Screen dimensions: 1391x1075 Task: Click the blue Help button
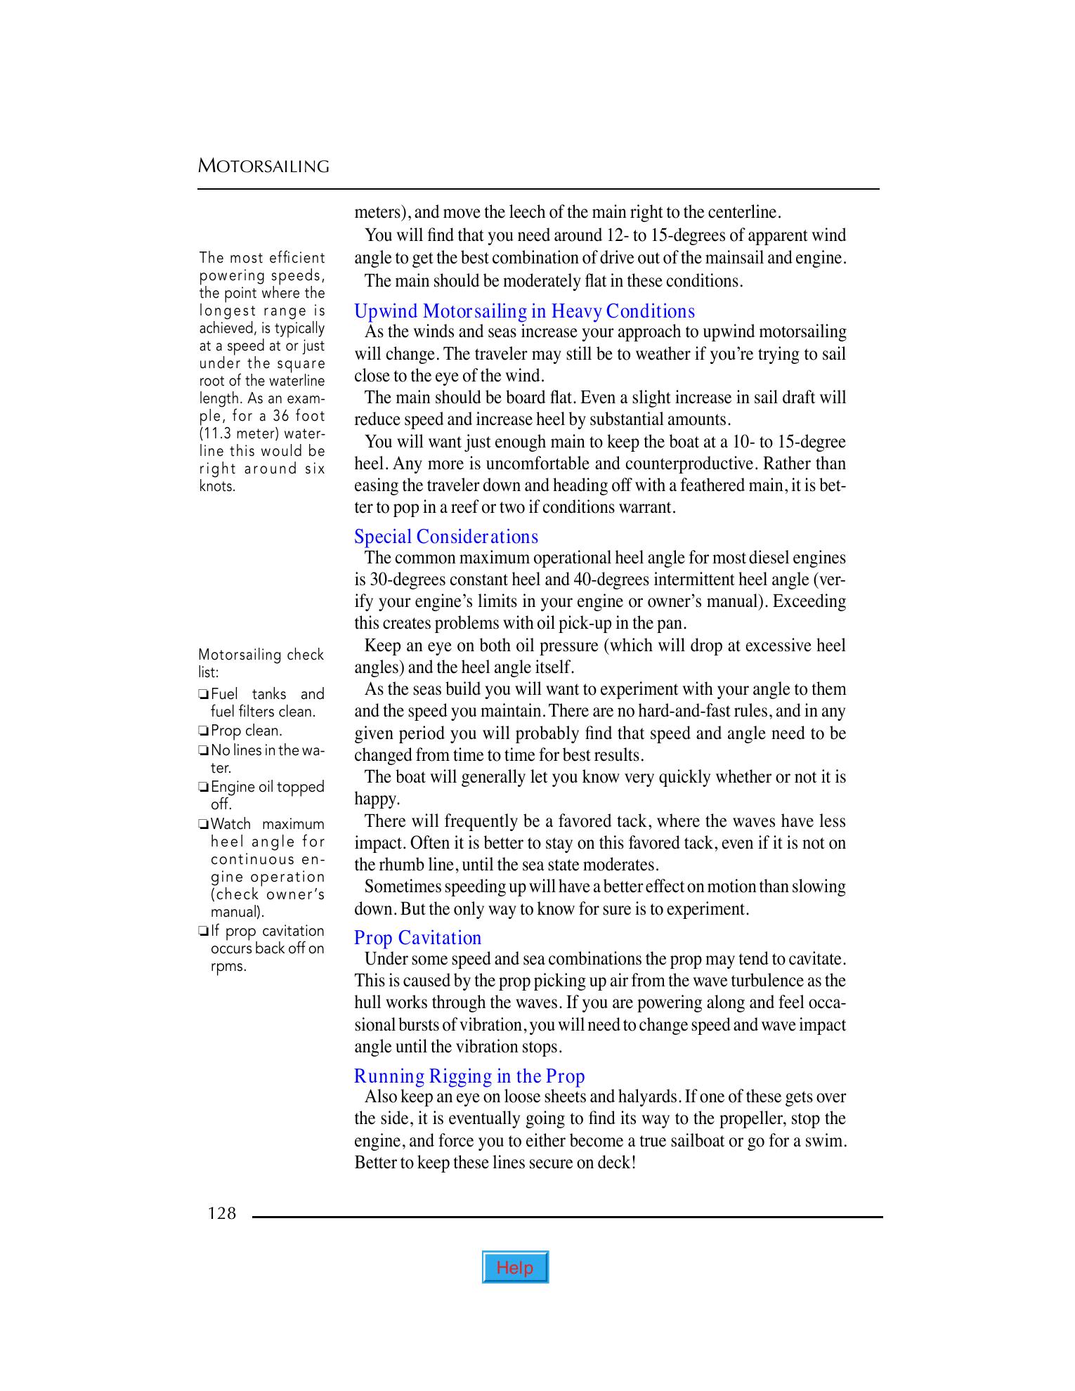(515, 1267)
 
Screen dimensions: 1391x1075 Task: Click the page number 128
(222, 1213)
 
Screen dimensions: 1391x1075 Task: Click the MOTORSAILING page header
(263, 166)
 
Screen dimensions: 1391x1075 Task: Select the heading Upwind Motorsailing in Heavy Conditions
(524, 311)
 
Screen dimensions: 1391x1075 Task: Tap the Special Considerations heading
(446, 537)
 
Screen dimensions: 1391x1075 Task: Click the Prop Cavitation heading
(417, 938)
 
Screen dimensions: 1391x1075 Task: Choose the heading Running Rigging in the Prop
(469, 1076)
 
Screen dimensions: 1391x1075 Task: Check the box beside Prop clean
(203, 731)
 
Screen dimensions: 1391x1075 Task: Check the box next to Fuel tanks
(203, 695)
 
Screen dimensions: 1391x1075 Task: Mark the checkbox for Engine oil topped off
(203, 788)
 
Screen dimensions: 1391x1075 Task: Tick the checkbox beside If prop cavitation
(203, 932)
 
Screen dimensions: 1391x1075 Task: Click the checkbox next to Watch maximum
(203, 825)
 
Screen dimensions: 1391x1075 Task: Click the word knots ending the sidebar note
(217, 486)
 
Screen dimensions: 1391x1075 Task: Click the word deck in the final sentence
(615, 1163)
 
